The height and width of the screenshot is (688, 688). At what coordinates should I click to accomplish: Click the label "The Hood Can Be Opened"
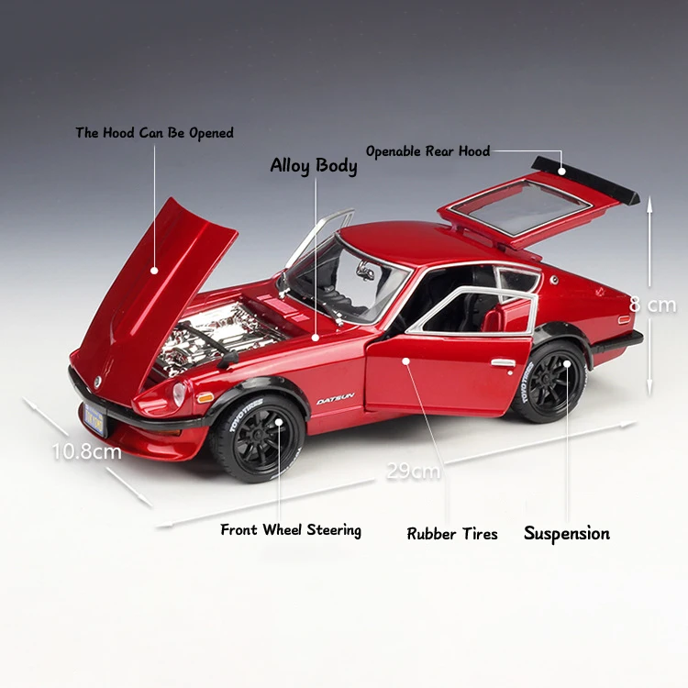coord(154,133)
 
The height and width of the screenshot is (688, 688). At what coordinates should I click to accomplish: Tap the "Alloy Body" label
coord(313,166)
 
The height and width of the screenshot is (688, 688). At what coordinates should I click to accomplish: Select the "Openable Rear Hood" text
coord(428,151)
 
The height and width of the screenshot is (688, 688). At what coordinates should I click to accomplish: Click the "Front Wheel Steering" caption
coord(291,530)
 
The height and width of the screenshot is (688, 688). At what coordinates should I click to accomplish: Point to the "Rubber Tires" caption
coord(452,534)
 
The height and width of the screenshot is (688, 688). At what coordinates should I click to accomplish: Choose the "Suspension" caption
coord(566,533)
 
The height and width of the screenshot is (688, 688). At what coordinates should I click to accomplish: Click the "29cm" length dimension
coord(413,472)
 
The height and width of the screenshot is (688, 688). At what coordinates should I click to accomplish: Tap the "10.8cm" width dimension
coord(87,451)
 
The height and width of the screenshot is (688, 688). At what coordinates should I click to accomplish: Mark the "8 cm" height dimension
coord(652,305)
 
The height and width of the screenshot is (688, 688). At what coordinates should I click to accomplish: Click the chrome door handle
coord(502,362)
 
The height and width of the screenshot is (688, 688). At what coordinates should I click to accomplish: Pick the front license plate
coord(93,419)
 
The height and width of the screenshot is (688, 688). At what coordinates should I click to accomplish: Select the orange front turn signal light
coord(205,398)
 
